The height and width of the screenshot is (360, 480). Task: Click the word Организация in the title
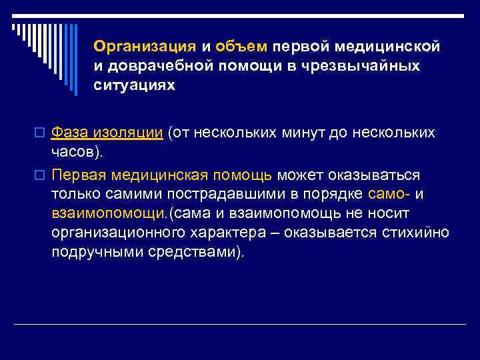click(x=145, y=46)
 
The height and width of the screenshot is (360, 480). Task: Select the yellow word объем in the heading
click(x=241, y=46)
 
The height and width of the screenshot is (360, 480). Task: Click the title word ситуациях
click(x=135, y=86)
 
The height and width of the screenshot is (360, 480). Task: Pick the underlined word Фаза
click(x=69, y=133)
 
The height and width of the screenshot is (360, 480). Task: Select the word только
click(x=72, y=194)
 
